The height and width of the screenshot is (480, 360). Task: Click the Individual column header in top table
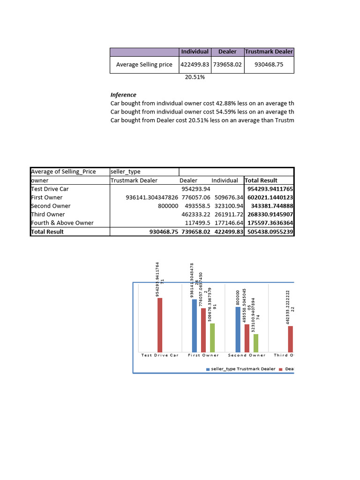[195, 52]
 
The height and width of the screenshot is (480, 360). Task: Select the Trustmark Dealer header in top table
[269, 52]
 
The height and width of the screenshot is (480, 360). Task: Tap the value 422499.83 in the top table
[195, 65]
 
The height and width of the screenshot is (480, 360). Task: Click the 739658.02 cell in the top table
[227, 65]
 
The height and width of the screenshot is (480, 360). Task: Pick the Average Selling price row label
[144, 65]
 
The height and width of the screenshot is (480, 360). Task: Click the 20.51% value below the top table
[195, 77]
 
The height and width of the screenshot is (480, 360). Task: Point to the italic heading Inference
[123, 95]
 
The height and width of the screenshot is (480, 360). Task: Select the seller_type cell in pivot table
[125, 172]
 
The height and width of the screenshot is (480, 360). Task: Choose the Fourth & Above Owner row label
[62, 223]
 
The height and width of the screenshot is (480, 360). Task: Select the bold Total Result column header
[262, 180]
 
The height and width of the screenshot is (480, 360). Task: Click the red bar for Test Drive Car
[160, 325]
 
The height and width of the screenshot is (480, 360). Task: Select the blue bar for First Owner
[195, 326]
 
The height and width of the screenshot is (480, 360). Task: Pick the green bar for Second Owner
[255, 343]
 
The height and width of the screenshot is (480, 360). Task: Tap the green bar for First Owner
[212, 337]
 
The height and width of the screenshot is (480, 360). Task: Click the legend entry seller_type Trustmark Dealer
[241, 369]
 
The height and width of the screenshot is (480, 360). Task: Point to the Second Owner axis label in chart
[247, 355]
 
